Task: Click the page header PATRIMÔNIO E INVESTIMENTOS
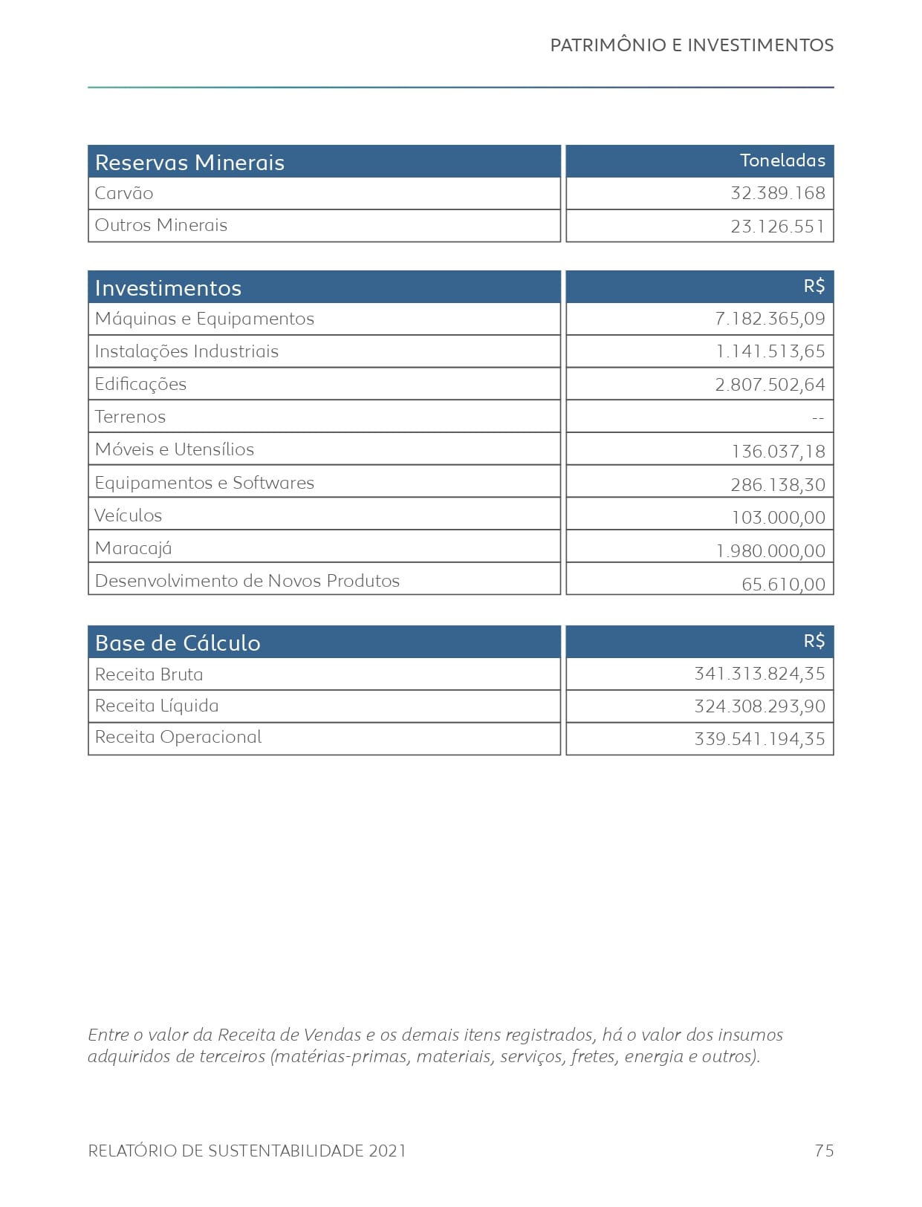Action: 691,45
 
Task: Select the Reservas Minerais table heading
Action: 189,163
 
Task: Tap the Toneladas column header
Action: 782,160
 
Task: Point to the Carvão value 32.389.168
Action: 777,193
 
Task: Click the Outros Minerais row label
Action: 160,225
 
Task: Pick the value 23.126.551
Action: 777,227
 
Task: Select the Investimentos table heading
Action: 168,288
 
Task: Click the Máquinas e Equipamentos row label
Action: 204,319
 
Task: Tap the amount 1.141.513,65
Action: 770,351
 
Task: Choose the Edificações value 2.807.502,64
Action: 770,385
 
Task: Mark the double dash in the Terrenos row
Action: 818,418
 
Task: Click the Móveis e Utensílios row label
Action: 174,449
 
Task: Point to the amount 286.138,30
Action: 777,485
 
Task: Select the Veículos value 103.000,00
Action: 778,518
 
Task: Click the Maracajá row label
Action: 133,548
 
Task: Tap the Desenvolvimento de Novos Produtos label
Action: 247,581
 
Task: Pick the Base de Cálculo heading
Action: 178,643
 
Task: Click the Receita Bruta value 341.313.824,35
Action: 759,674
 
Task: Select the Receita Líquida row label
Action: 157,706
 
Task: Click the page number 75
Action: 824,1151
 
